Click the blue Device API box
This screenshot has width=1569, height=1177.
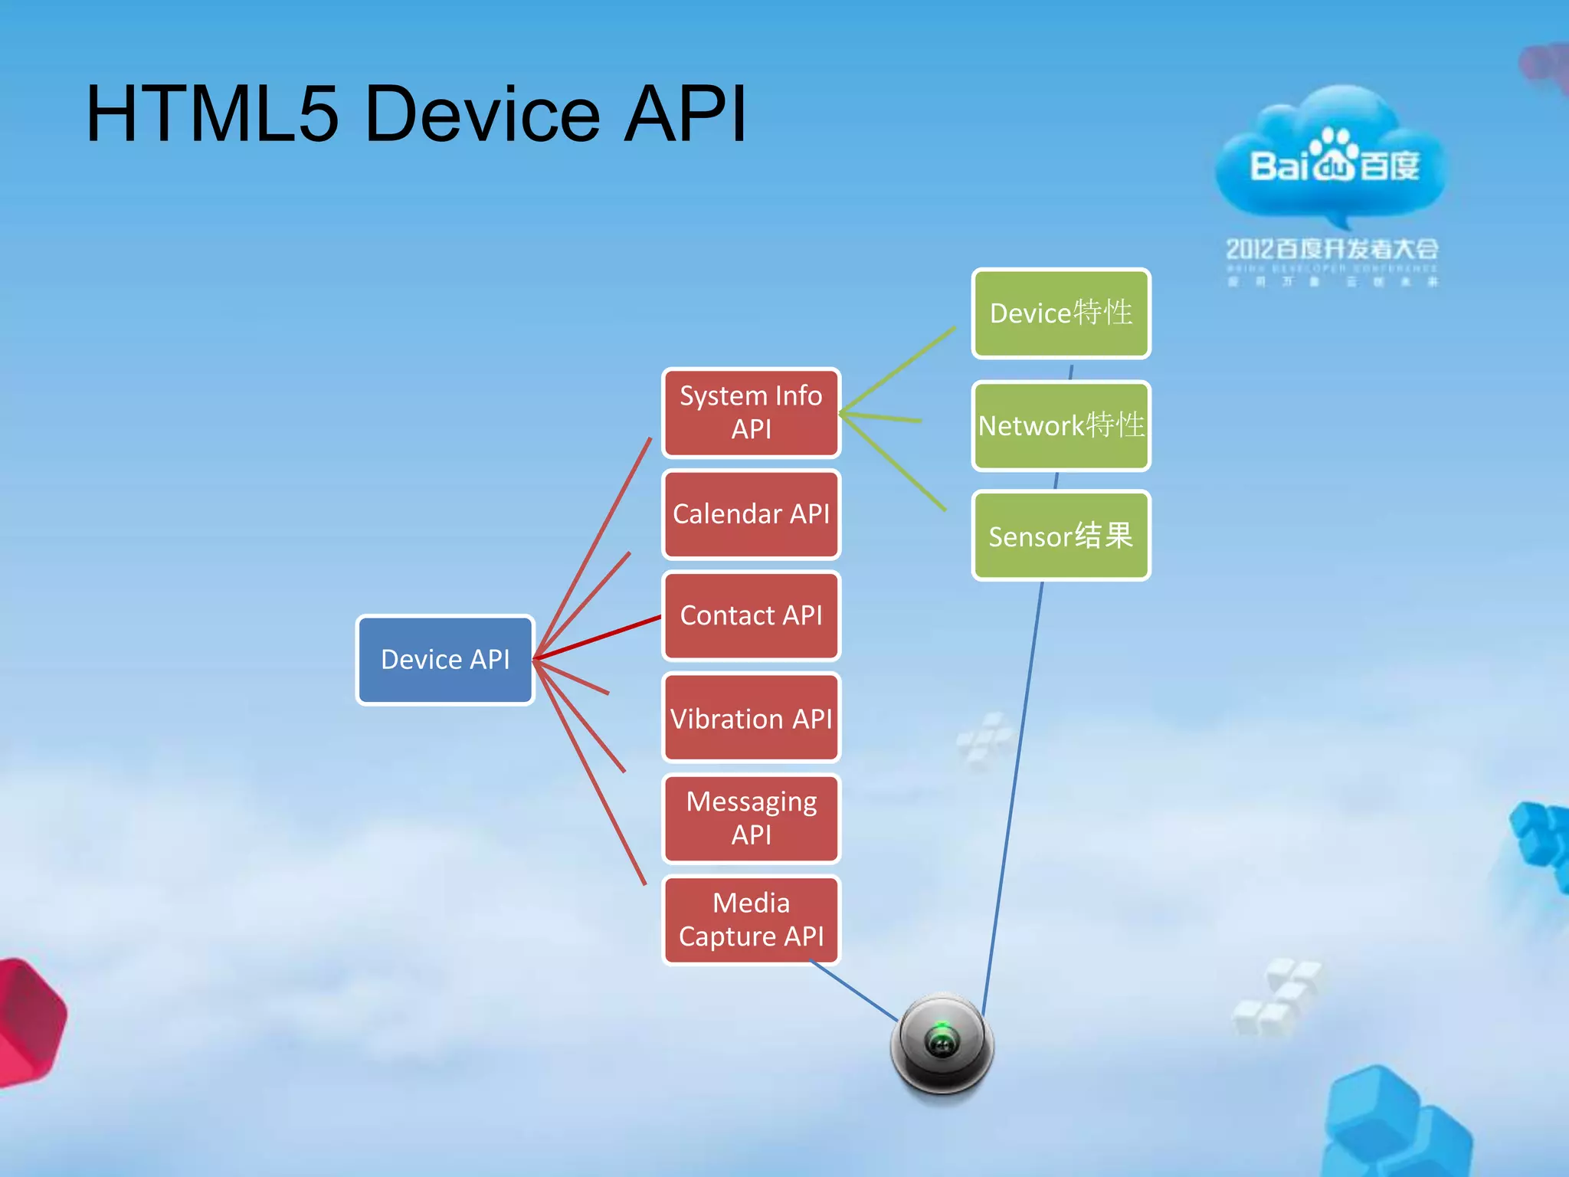[x=445, y=660]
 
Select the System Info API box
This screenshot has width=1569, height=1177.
[x=751, y=412]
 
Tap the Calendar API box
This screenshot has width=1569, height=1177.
[x=751, y=514]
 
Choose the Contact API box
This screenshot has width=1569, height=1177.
[x=751, y=615]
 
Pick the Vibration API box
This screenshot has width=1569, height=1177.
[x=751, y=718]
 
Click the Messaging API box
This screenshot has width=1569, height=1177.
[x=751, y=818]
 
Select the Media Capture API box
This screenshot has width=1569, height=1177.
[x=751, y=920]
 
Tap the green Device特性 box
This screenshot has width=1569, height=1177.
[x=1061, y=313]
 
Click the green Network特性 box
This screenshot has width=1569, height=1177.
[x=1061, y=425]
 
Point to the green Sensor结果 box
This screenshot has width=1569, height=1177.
[x=1061, y=536]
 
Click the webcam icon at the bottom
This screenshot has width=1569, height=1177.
[x=942, y=1045]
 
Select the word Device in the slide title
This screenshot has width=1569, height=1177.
[x=483, y=115]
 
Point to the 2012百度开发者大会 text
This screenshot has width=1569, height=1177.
[x=1332, y=249]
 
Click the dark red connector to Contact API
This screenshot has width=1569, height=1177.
[x=598, y=637]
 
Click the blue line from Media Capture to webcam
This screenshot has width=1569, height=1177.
[x=853, y=992]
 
